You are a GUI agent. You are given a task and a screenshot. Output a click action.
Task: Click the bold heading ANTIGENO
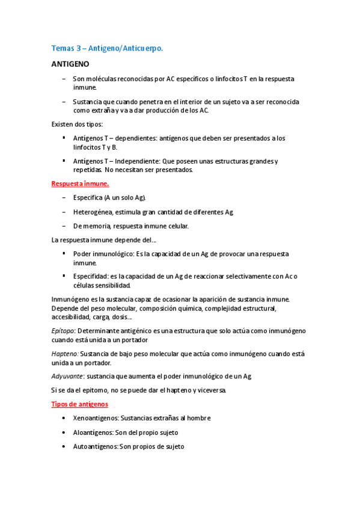[x=70, y=64]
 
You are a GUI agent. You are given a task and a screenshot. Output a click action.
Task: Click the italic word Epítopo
[x=63, y=331]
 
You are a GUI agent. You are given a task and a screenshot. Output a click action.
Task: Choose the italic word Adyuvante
[x=67, y=376]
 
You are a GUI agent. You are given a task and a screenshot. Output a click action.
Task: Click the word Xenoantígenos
[x=96, y=418]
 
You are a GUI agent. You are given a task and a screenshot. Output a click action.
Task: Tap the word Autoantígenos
[x=96, y=447]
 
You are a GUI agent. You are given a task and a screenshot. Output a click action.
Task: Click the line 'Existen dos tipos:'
[x=77, y=124]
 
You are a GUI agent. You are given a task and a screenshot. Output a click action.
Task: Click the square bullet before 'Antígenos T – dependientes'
[x=64, y=138]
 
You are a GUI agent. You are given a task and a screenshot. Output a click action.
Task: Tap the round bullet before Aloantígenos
[x=64, y=432]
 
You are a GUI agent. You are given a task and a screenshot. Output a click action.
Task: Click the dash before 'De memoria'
[x=64, y=226]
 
